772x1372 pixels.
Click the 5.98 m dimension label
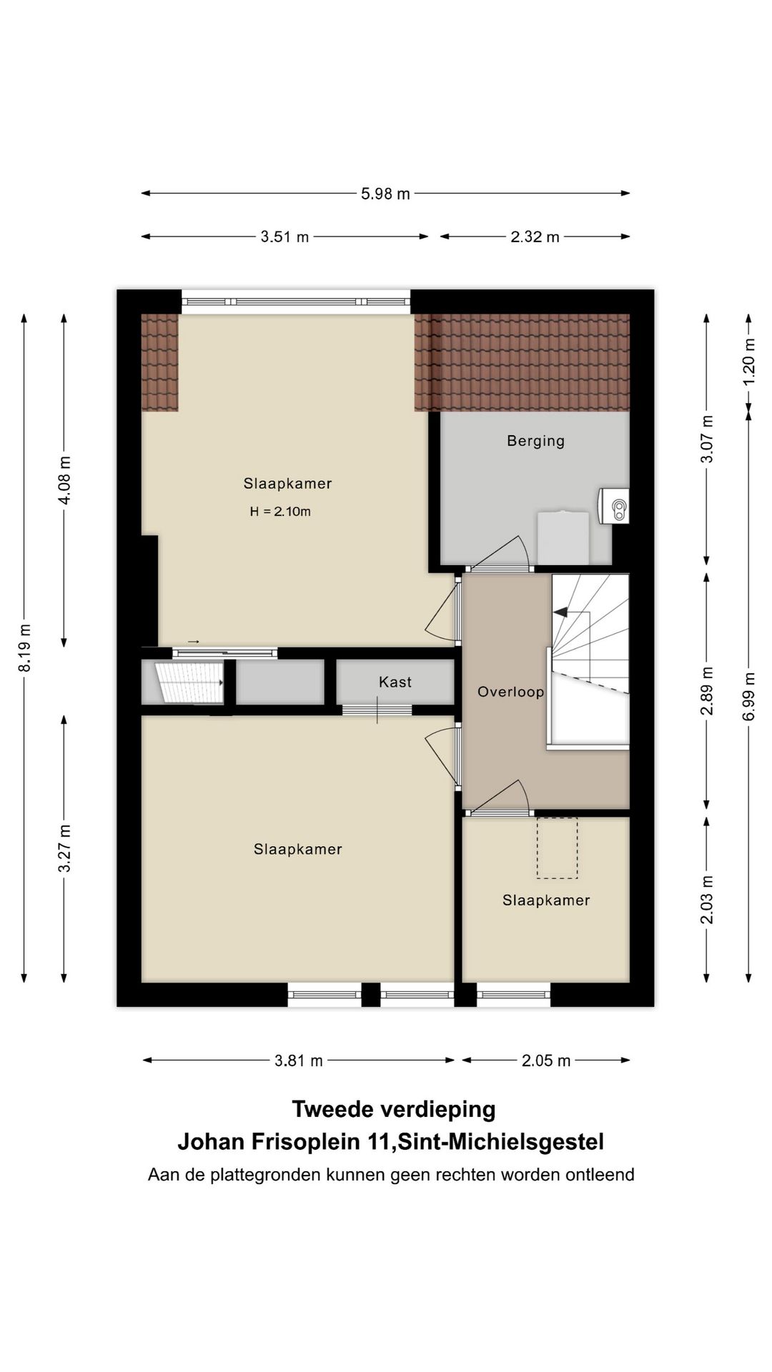click(385, 194)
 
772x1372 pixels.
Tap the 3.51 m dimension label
click(284, 237)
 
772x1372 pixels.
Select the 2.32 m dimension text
click(535, 237)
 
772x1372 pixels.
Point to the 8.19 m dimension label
click(25, 647)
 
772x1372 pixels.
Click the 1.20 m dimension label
click(748, 370)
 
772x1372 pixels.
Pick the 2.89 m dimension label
click(707, 690)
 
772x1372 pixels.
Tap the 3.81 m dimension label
click(299, 1060)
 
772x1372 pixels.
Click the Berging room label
click(536, 441)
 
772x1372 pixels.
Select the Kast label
click(395, 682)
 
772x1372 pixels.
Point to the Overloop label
click(511, 692)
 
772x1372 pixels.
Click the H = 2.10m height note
click(280, 512)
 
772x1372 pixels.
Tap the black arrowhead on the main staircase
click(560, 612)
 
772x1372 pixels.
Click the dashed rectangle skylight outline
click(558, 847)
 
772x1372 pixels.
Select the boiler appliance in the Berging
click(614, 506)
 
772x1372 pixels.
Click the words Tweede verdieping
click(394, 1109)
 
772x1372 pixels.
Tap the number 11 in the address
click(376, 1142)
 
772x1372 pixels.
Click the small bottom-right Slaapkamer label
click(546, 900)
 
